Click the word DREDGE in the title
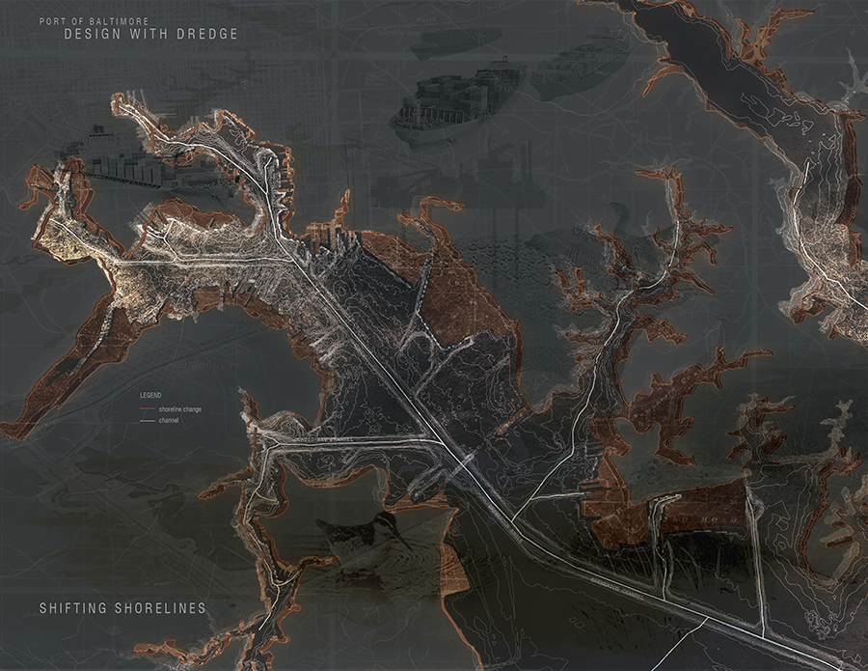203,35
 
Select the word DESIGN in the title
92,35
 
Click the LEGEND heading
149,396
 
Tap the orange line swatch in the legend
148,410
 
